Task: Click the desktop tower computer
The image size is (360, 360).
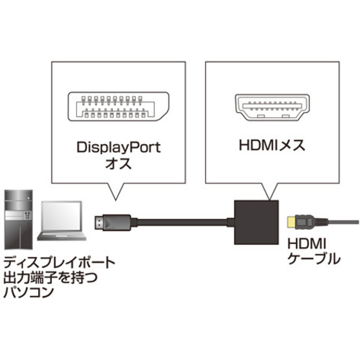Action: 19,220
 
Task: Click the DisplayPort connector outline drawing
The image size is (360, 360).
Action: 119,107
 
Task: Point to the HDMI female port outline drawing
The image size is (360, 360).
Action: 272,107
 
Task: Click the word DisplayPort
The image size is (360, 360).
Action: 119,148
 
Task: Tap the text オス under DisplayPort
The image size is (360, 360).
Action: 119,164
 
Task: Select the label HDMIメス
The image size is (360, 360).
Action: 272,145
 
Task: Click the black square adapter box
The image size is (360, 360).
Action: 256,222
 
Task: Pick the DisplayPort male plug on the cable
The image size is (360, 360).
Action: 112,223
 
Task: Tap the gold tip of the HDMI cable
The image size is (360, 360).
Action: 292,222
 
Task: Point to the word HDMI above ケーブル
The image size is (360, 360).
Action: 307,244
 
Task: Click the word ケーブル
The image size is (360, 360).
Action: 313,259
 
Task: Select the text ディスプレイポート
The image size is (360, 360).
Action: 59,262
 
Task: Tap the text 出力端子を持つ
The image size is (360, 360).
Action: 50,277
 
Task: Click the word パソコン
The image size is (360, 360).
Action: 28,292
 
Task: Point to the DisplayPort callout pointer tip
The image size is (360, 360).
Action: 116,200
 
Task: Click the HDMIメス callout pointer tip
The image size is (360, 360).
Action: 270,199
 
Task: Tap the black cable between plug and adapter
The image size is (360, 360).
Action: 182,222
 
